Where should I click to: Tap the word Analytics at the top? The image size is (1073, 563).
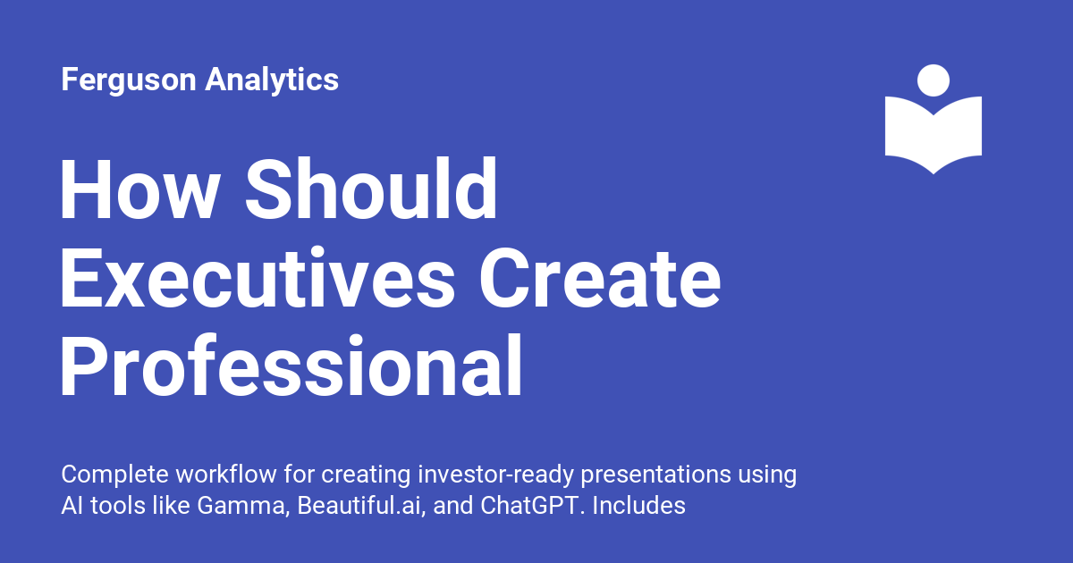click(x=272, y=80)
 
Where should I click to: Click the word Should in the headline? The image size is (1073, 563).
click(x=371, y=190)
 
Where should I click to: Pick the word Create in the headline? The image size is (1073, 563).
click(x=600, y=279)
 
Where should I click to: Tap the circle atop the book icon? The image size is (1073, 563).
click(x=933, y=80)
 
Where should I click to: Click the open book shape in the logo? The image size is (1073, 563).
click(x=933, y=134)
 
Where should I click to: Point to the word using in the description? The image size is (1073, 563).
click(x=766, y=475)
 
